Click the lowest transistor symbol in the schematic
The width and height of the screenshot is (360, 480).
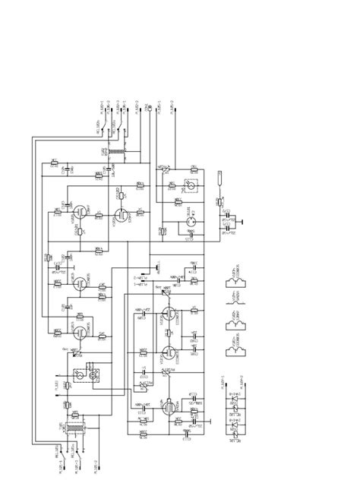tap(165, 406)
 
